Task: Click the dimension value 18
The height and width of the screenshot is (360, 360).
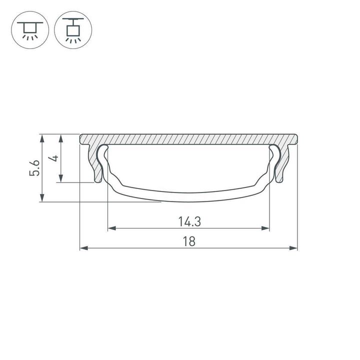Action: pos(188,241)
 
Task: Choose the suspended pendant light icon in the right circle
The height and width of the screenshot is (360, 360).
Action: pos(74,29)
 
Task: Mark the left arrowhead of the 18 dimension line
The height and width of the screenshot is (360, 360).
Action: pos(83,248)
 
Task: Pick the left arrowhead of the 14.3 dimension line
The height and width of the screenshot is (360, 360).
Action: pos(111,228)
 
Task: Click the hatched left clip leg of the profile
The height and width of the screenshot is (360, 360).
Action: pos(95,160)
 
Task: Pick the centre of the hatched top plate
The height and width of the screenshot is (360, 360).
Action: pos(188,139)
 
